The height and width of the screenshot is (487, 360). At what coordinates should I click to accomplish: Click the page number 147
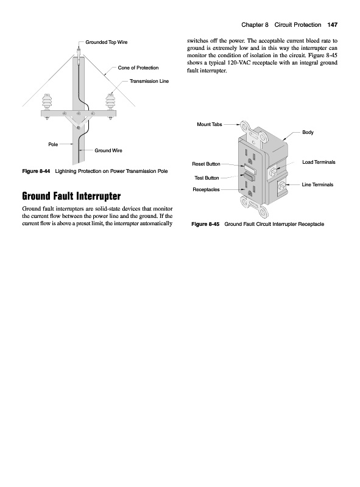click(333, 25)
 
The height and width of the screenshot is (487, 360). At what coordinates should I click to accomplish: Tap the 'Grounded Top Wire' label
click(107, 42)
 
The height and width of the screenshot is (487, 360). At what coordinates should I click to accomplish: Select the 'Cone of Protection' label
click(138, 68)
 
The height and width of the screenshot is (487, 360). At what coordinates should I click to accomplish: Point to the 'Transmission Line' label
click(149, 81)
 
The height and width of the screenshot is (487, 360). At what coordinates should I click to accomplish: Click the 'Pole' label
click(53, 144)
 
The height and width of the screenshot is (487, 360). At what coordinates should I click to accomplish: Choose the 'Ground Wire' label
click(108, 150)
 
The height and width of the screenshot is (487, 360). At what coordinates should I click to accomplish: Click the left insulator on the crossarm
click(47, 102)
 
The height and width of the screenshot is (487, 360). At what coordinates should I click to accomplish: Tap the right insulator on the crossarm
click(110, 102)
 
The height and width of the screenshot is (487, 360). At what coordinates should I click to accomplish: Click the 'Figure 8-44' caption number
click(36, 171)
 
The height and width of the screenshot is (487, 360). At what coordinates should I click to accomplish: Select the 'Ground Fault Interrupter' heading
click(71, 196)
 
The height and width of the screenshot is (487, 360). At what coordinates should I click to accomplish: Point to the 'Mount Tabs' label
click(210, 124)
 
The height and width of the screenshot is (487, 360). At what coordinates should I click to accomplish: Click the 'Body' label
click(308, 132)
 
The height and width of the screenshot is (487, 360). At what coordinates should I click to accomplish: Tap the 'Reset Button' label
click(206, 164)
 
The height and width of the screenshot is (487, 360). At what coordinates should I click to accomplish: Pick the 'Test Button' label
click(206, 178)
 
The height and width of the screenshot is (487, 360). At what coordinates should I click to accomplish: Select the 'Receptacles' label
click(206, 189)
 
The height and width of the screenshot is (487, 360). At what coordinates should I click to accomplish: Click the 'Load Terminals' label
click(319, 162)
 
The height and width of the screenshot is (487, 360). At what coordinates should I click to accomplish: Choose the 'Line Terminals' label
click(317, 184)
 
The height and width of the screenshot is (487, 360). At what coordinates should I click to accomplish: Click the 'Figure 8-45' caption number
click(205, 224)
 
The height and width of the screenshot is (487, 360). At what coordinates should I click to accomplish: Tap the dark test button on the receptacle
click(250, 176)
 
